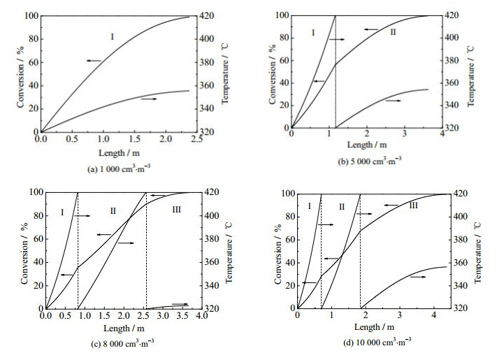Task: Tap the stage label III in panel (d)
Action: point(413,205)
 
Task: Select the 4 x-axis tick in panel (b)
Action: point(442,140)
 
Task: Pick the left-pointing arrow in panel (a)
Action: point(94,62)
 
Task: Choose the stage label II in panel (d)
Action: point(341,206)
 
